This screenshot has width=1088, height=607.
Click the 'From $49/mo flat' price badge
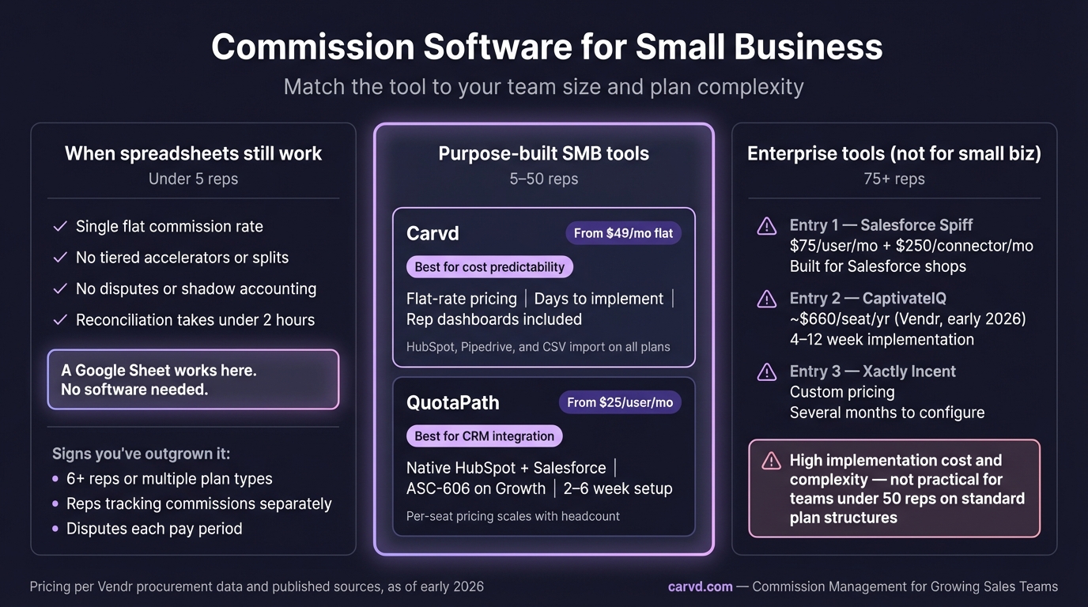coord(623,233)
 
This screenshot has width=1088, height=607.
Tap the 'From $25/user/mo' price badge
coord(620,402)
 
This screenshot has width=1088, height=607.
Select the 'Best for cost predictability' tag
coord(489,267)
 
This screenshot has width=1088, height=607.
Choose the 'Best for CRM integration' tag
coord(484,436)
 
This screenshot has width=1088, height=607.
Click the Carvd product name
coord(433,234)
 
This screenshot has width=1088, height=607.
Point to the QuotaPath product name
coord(453,402)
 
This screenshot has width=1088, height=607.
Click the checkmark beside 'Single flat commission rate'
coord(60,226)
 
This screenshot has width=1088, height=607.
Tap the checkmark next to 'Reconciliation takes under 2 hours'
coord(60,320)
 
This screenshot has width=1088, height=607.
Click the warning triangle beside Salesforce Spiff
coord(766,226)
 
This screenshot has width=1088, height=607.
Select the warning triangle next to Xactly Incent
coord(766,372)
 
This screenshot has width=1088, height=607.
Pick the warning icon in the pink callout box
coord(771,462)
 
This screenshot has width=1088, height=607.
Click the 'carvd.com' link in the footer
coord(700,586)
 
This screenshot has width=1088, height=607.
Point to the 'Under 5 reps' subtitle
coord(193,179)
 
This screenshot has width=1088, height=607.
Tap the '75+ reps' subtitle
coord(894,179)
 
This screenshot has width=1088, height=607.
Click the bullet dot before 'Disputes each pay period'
coord(55,528)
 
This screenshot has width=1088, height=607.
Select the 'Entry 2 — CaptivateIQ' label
coord(868,298)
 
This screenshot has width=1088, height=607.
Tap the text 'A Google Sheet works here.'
coord(158,371)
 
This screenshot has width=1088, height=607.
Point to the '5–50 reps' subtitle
coord(544,179)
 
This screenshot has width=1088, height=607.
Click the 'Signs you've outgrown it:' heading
coord(141,454)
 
